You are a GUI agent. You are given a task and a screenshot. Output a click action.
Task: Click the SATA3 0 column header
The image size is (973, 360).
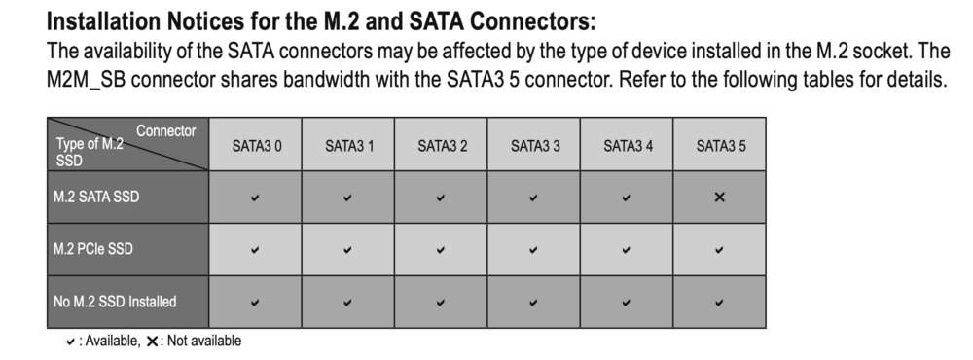click(256, 147)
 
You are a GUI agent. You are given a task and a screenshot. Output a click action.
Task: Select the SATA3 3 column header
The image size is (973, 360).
click(535, 147)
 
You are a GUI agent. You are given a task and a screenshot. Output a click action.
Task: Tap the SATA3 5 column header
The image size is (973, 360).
click(720, 147)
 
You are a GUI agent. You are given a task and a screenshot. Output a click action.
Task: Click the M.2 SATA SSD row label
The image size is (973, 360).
click(96, 197)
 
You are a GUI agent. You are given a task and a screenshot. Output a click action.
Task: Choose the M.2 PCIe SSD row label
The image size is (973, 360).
click(93, 249)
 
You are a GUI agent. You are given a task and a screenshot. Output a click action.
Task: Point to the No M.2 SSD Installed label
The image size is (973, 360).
click(115, 302)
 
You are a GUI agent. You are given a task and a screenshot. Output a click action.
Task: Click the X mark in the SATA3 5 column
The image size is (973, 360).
click(720, 198)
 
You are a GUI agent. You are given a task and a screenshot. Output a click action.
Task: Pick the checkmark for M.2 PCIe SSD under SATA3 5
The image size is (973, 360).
click(720, 250)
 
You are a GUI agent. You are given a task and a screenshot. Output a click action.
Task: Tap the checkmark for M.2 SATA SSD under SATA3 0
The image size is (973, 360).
click(255, 198)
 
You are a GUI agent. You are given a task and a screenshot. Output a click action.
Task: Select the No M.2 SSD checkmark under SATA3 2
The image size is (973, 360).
click(441, 303)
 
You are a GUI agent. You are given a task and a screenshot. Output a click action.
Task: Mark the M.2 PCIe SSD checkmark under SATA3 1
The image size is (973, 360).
click(347, 250)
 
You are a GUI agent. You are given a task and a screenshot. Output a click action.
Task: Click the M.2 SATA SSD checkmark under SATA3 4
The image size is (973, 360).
click(627, 198)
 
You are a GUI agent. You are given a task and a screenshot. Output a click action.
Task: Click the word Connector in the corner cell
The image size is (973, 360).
click(165, 131)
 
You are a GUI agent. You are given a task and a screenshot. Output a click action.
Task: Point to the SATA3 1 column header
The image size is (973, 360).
click(349, 147)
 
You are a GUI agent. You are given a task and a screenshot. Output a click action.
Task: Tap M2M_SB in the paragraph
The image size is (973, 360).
click(86, 80)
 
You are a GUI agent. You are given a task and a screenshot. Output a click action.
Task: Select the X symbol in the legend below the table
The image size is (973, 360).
click(152, 342)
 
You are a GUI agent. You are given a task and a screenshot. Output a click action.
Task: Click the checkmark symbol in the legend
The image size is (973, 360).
click(71, 342)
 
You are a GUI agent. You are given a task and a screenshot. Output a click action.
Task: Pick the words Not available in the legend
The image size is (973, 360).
click(204, 341)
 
